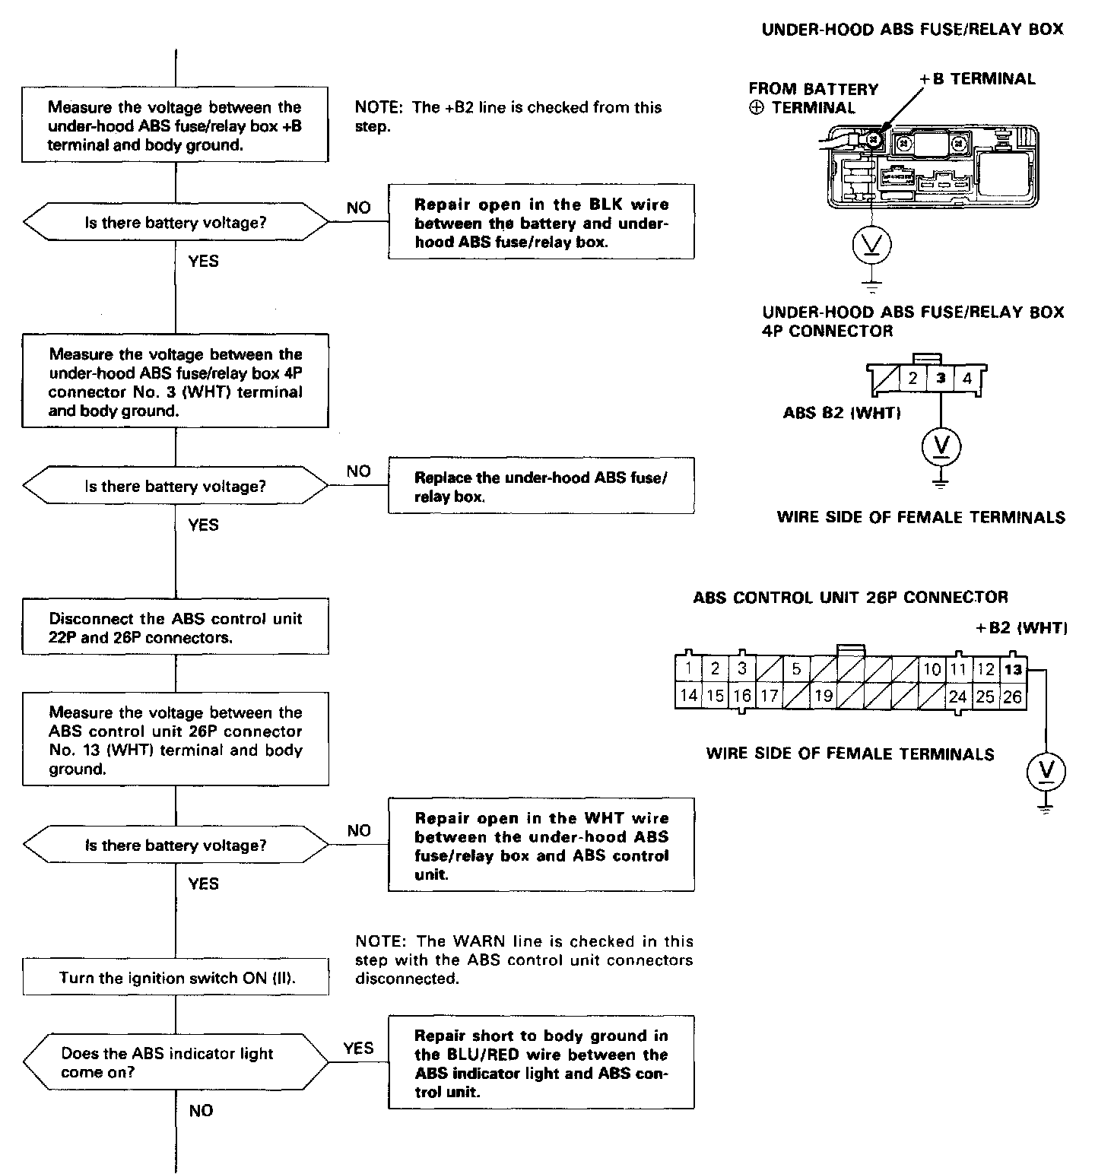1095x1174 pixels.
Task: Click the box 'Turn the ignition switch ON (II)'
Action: [176, 978]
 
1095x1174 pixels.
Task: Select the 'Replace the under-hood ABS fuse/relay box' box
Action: [541, 487]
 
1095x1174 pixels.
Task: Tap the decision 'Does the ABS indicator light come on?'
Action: [176, 1063]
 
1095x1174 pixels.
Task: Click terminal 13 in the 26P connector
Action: [1013, 670]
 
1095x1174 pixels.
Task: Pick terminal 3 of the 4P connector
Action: [941, 378]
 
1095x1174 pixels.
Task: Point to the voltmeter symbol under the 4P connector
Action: [941, 446]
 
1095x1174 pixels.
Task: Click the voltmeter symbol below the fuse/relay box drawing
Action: [871, 245]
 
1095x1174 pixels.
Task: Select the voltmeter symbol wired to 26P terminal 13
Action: [1046, 772]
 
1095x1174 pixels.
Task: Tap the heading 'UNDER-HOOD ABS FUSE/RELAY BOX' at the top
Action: [912, 30]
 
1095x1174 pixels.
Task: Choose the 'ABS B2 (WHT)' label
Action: [842, 413]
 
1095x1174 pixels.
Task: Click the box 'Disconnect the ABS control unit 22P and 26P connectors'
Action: [176, 628]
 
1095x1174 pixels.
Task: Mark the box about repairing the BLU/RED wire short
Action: [541, 1063]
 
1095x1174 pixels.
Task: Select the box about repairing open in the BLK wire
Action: [541, 223]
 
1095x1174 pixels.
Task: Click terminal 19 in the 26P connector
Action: [824, 696]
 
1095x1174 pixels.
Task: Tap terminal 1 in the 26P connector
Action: [688, 669]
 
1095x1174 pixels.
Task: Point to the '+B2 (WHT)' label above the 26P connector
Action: [1021, 628]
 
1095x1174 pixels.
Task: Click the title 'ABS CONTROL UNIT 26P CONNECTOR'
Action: [850, 598]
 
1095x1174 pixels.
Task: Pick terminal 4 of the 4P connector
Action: [967, 378]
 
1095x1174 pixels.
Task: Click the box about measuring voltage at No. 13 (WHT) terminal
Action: [176, 740]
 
